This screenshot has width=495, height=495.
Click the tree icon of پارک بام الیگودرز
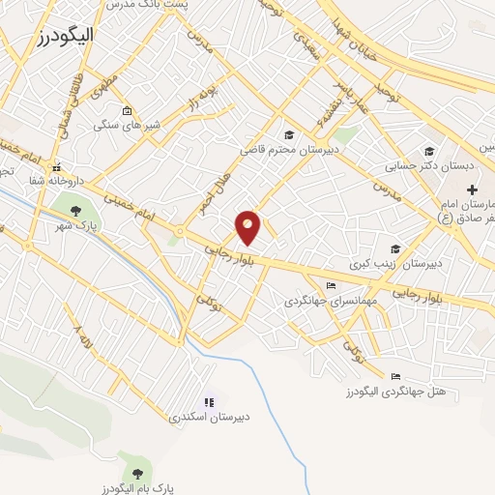(x=136, y=473)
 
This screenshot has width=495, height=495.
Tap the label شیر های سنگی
(x=127, y=126)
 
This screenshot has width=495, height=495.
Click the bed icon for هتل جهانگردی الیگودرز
(x=394, y=376)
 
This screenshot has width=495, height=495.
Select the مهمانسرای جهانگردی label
(x=320, y=301)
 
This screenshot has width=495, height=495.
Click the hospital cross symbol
(x=472, y=191)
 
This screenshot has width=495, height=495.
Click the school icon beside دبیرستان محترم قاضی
(x=288, y=134)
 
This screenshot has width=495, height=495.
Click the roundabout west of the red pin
(x=180, y=230)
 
